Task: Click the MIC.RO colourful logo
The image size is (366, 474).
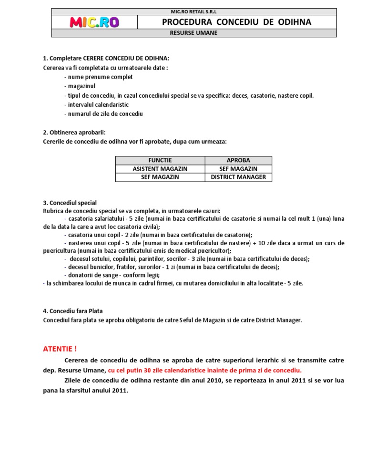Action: click(x=94, y=22)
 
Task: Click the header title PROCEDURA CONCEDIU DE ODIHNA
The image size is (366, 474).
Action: click(x=236, y=22)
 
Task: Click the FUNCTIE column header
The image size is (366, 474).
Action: click(x=160, y=160)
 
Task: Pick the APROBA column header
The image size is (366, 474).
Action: click(x=238, y=160)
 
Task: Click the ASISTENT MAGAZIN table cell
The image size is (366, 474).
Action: click(x=160, y=169)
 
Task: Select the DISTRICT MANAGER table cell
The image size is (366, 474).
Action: click(x=238, y=177)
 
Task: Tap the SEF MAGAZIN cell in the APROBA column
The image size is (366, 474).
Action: click(x=238, y=169)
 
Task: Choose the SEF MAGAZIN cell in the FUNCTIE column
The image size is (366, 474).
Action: click(x=160, y=177)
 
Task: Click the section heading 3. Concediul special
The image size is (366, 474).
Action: click(x=70, y=203)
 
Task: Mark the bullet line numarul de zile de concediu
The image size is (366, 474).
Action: click(x=103, y=113)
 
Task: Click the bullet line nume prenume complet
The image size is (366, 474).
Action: click(x=98, y=77)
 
